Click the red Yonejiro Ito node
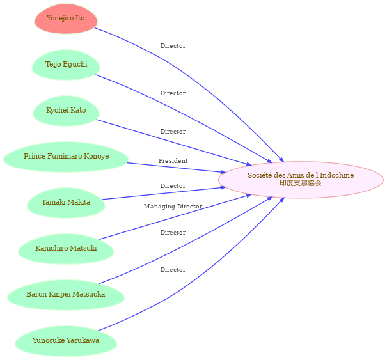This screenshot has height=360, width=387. click(66, 19)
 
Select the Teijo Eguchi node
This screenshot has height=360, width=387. click(66, 65)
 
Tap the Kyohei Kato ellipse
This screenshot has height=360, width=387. click(66, 111)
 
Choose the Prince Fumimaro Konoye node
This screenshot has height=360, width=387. click(66, 157)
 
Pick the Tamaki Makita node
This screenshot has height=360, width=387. click(66, 203)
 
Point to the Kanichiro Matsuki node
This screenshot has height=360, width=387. click(66, 249)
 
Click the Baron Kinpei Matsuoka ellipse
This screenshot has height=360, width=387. click(66, 295)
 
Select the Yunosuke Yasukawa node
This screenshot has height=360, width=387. click(66, 341)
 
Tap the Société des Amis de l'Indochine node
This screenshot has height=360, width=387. click(301, 180)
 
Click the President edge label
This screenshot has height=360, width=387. click(173, 161)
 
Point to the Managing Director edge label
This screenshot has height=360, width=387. click(173, 207)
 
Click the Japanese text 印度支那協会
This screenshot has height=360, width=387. click(301, 183)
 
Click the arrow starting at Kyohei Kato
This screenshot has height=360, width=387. click(174, 143)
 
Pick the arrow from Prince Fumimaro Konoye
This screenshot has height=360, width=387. click(177, 168)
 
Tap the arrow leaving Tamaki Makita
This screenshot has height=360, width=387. click(164, 194)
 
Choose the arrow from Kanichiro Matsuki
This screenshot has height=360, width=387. click(175, 217)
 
